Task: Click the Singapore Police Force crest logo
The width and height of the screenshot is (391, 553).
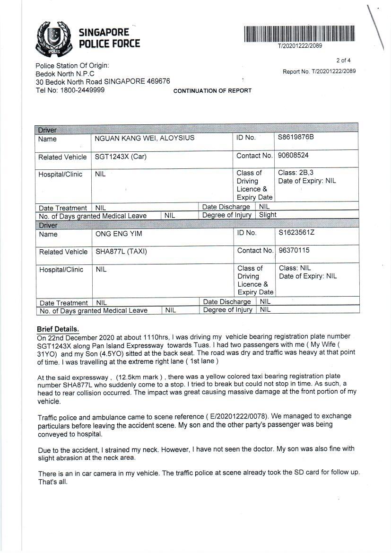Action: (x=54, y=38)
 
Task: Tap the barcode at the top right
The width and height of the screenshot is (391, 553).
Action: (x=299, y=34)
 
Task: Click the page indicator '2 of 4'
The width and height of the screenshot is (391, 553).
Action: (x=343, y=61)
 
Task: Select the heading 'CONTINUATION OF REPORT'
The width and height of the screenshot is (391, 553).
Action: (x=212, y=91)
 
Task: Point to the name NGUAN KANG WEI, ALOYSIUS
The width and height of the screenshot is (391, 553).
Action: (x=144, y=138)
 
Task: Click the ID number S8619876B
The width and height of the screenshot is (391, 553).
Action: (x=295, y=137)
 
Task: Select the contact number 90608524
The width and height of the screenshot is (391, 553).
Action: (x=293, y=155)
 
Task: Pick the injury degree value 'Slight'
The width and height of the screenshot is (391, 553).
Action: (x=268, y=215)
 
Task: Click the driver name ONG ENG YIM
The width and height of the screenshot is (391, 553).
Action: (x=119, y=234)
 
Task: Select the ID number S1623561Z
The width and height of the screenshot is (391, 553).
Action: (x=296, y=232)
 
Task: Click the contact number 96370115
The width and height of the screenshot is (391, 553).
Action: (x=294, y=250)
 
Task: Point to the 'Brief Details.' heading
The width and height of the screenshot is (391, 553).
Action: (x=58, y=329)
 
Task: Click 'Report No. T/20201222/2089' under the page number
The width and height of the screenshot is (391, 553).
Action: (x=319, y=71)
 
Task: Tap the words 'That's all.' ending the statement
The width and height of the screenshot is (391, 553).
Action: (x=53, y=482)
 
